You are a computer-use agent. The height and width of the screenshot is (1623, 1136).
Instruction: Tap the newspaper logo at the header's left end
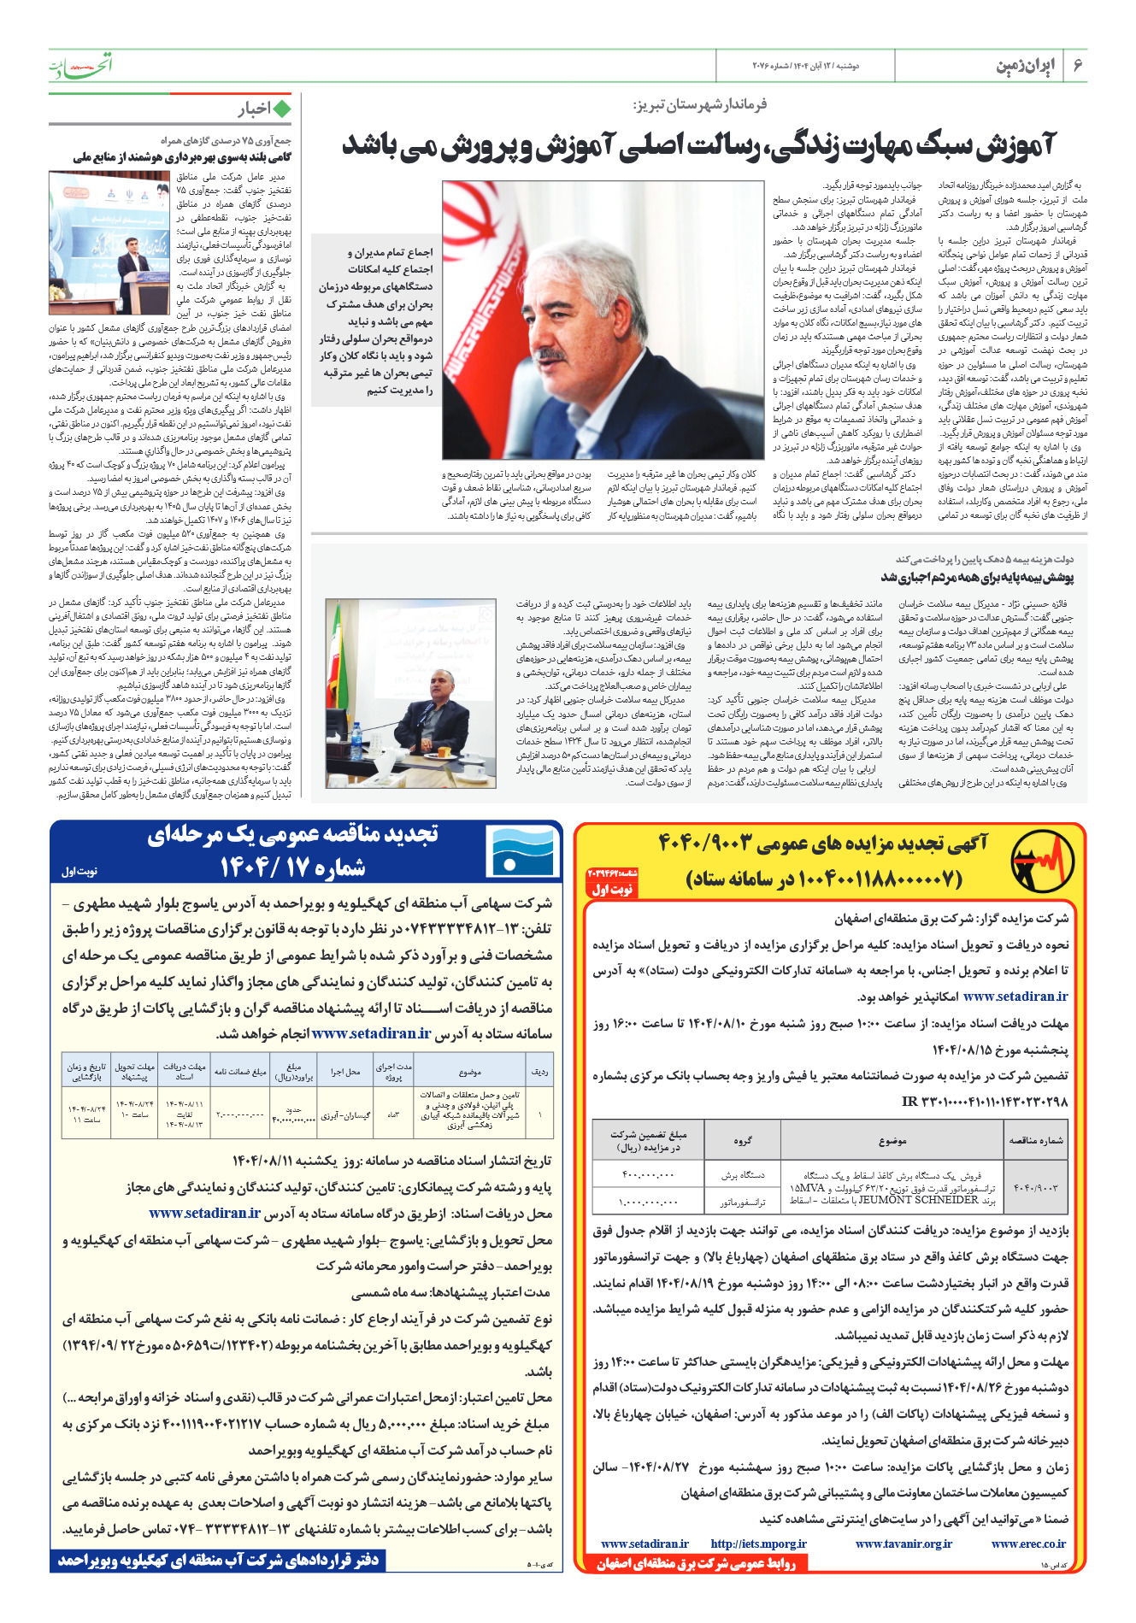click(x=80, y=65)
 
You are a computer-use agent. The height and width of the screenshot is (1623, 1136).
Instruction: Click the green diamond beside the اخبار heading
click(x=282, y=109)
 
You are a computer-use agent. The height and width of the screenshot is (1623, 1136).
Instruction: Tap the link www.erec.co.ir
click(x=1028, y=1544)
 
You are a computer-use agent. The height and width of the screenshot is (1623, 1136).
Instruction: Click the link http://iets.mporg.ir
click(x=758, y=1544)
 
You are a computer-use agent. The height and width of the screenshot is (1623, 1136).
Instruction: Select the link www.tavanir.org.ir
click(x=904, y=1544)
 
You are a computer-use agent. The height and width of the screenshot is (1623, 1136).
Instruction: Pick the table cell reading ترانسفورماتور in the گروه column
click(x=742, y=1202)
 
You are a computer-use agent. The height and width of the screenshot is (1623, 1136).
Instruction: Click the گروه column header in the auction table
click(x=742, y=1140)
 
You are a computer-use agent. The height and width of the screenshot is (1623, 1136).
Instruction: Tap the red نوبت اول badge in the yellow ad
click(x=612, y=890)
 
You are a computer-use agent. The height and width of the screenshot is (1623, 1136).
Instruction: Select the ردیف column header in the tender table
click(x=539, y=1071)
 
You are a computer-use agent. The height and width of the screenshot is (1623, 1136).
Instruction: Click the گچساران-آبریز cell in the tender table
click(x=345, y=1115)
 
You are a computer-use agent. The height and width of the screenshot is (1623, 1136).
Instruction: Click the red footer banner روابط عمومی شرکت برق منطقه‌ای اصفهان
click(x=696, y=1563)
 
